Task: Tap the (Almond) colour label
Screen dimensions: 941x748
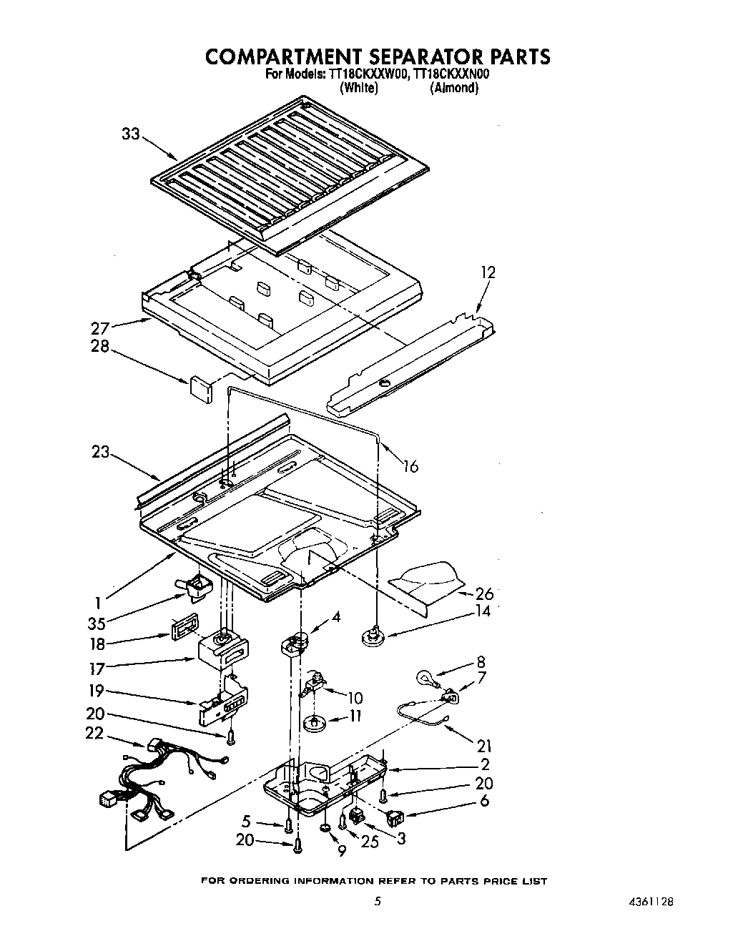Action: point(453,88)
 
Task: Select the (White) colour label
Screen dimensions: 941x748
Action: point(358,88)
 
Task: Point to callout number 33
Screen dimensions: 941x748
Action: point(131,134)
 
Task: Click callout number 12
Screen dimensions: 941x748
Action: point(488,272)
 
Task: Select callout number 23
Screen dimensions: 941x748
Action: point(100,452)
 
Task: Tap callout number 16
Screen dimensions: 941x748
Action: point(410,466)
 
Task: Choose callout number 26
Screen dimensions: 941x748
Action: point(484,593)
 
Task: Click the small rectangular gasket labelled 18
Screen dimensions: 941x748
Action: point(183,628)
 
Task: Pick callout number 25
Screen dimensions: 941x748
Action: point(370,842)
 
